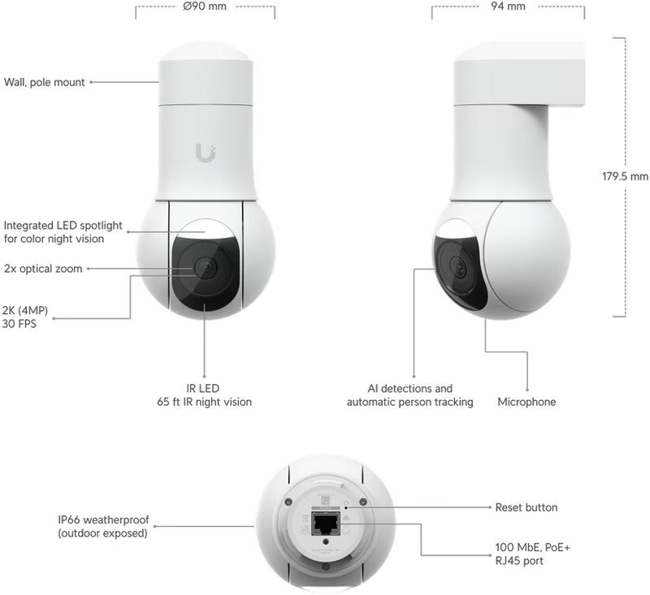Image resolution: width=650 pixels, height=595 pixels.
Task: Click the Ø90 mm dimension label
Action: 205,6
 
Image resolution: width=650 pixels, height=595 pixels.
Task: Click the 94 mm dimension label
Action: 508,6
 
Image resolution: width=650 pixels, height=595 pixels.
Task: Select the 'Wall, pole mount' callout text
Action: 45,82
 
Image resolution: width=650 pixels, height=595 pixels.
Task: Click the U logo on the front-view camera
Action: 206,151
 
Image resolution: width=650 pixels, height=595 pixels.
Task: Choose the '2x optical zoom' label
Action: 43,269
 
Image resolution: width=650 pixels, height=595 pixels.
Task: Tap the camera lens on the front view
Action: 204,268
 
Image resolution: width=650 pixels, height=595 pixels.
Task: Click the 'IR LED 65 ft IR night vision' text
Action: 204,395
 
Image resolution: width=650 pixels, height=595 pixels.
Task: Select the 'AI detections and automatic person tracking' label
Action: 409,395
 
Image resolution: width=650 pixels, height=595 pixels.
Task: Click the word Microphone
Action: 526,402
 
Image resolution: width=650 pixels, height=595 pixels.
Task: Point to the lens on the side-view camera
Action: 460,267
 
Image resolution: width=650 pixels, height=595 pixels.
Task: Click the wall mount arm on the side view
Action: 561,73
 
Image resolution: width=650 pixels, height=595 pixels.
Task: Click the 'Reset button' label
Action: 526,507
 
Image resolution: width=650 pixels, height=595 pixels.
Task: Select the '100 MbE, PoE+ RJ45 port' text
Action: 532,554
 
